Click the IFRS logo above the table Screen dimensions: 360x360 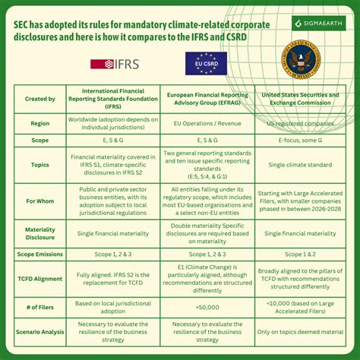(116, 65)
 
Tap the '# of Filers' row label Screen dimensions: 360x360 (40, 308)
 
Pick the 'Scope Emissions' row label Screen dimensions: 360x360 (40, 256)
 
